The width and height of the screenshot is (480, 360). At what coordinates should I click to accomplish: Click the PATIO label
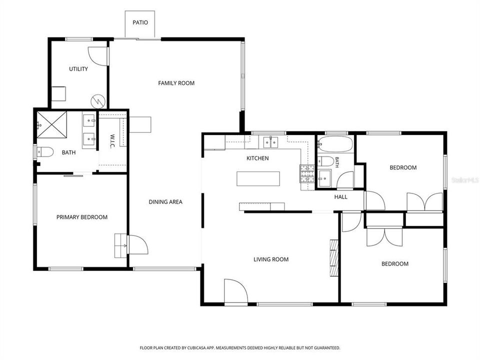[x=140, y=22]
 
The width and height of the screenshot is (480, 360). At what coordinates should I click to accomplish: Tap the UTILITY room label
[x=78, y=69]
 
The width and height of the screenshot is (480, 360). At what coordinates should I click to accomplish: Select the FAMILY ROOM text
[x=176, y=83]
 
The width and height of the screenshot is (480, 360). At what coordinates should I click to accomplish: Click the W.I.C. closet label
[x=112, y=141]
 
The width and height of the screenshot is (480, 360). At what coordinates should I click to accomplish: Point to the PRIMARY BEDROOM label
[x=82, y=217]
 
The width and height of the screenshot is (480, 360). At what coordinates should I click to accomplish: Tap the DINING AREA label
[x=165, y=201]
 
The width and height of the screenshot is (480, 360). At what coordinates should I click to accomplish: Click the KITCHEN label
[x=258, y=158]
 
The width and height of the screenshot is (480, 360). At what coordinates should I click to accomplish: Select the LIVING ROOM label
[x=271, y=259]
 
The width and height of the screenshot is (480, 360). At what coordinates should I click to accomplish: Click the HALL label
[x=340, y=197]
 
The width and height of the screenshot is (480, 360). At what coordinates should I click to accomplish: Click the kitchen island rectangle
[x=258, y=179]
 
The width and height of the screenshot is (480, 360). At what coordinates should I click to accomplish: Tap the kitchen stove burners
[x=307, y=174]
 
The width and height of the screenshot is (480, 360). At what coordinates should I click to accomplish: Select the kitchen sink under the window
[x=270, y=142]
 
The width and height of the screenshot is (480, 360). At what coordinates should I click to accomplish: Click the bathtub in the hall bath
[x=335, y=144]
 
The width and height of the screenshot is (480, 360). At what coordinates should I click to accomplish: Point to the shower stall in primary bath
[x=51, y=125]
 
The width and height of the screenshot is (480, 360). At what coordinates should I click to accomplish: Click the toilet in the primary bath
[x=45, y=152]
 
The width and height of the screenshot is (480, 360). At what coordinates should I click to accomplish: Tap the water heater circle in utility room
[x=97, y=100]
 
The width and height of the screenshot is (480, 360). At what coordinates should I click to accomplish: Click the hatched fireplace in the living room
[x=334, y=258]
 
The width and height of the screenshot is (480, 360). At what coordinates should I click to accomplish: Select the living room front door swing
[x=235, y=291]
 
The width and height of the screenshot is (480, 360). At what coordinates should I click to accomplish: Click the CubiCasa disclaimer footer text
[x=240, y=348]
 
